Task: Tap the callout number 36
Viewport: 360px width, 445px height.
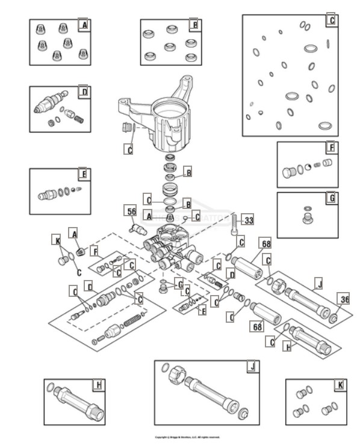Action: coord(344,299)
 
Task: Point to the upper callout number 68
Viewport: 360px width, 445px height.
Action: coord(265,243)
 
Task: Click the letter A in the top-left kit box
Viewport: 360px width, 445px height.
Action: coord(84,25)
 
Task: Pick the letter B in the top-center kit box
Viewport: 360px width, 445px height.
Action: coord(193,25)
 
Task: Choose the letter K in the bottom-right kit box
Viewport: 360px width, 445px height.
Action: coord(341,385)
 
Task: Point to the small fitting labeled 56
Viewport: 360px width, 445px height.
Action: coord(138,229)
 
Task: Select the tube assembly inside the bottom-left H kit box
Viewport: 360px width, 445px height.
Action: coord(77,403)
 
